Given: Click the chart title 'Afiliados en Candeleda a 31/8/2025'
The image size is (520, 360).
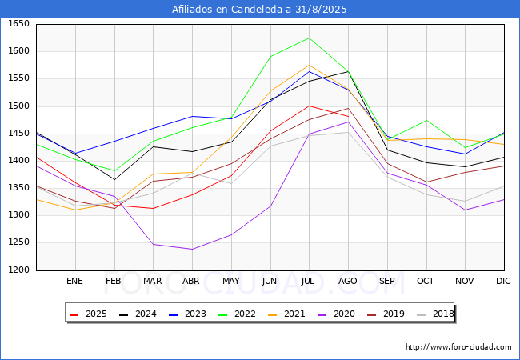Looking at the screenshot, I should click(x=260, y=10).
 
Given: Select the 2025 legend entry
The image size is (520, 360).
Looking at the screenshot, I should click(x=89, y=314).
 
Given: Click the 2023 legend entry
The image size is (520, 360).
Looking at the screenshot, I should click(x=187, y=314).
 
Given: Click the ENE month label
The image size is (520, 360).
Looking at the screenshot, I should click(x=74, y=281).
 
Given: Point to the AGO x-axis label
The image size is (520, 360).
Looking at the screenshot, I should click(x=348, y=281).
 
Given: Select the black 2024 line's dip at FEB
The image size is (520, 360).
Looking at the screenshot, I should click(x=114, y=179).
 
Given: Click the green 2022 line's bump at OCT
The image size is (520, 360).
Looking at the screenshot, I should click(x=426, y=121).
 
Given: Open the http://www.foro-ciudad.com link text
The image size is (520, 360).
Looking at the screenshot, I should click(x=458, y=347).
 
